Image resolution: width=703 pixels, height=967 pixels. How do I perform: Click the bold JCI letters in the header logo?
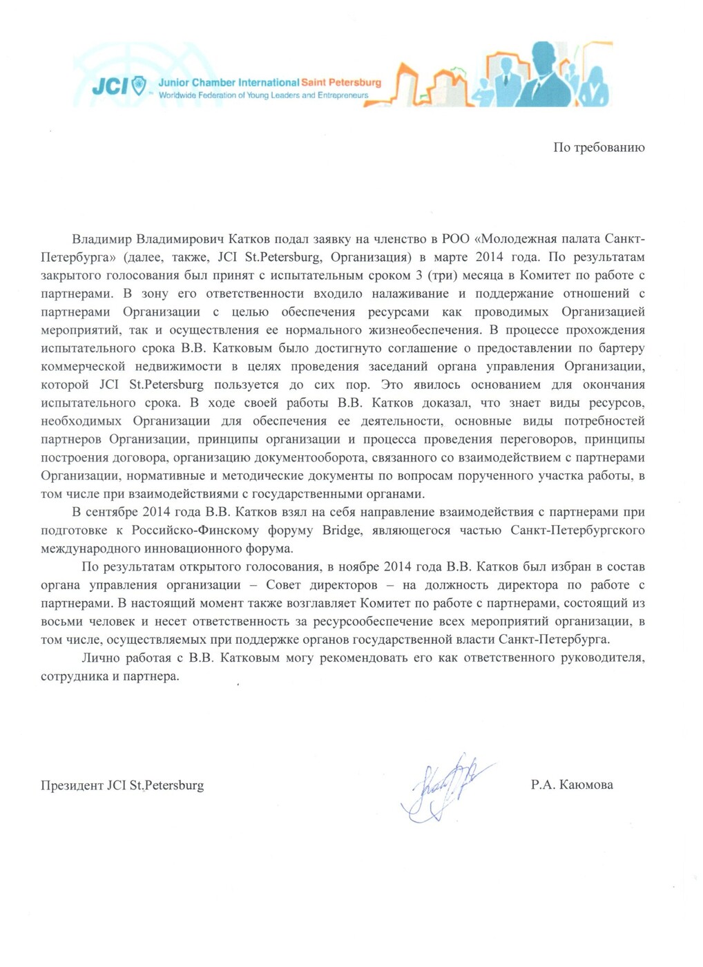110,86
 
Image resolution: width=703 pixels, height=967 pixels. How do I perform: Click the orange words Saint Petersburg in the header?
341,82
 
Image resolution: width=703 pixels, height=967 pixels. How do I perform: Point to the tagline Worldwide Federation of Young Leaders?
263,95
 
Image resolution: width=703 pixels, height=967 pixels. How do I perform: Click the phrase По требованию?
599,147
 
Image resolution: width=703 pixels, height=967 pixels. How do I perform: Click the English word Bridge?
341,530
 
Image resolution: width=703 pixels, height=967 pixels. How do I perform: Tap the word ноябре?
358,566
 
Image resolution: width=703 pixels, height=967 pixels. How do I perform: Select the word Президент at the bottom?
72,785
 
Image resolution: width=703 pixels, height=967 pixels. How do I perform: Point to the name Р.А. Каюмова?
572,785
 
